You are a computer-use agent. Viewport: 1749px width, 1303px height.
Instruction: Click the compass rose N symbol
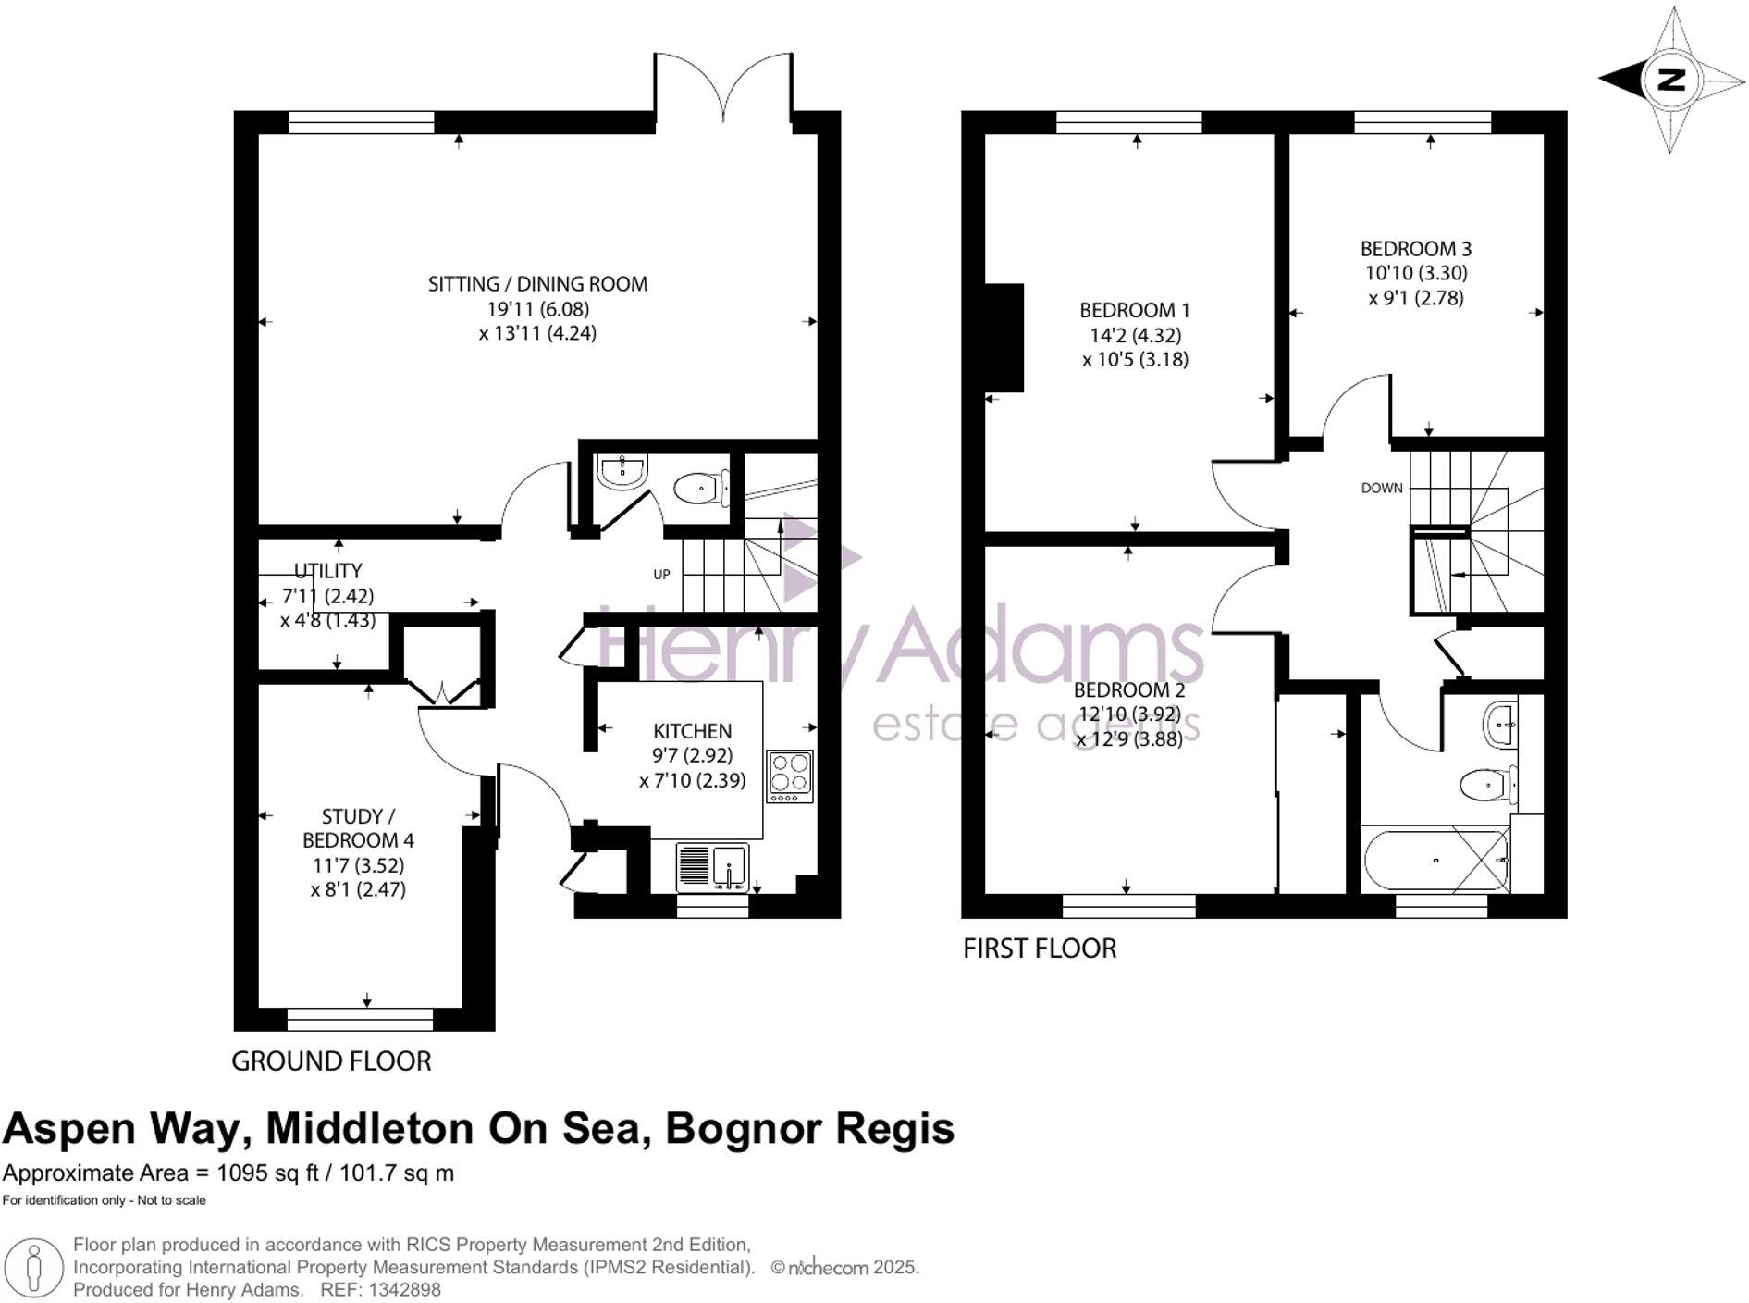click(1670, 80)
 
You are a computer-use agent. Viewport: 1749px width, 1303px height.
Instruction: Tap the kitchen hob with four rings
click(790, 776)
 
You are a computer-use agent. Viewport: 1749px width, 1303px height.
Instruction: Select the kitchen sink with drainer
click(712, 867)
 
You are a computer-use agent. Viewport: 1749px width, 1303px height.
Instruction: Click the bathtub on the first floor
click(1435, 860)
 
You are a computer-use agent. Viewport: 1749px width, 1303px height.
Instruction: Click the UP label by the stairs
click(661, 575)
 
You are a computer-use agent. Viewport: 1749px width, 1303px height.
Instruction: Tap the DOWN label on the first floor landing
click(1381, 488)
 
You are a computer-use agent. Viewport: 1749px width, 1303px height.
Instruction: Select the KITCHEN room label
click(692, 731)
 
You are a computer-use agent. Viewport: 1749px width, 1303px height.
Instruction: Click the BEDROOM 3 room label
click(1415, 249)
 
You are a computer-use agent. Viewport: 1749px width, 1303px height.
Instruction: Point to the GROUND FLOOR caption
click(331, 1061)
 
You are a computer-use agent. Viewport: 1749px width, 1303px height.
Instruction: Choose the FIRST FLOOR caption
click(1040, 949)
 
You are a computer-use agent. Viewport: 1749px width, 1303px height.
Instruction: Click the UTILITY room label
click(328, 571)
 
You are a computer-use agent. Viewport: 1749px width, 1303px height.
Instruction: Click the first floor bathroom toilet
click(1488, 786)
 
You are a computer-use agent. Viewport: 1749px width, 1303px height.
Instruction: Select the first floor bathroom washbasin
click(1499, 724)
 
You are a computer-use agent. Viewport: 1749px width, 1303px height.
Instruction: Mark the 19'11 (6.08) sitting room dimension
click(537, 309)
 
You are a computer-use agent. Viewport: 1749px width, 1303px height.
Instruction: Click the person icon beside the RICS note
click(34, 1267)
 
